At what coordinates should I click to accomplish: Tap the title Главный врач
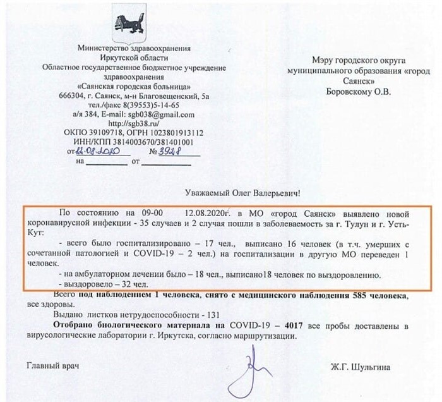53,365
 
